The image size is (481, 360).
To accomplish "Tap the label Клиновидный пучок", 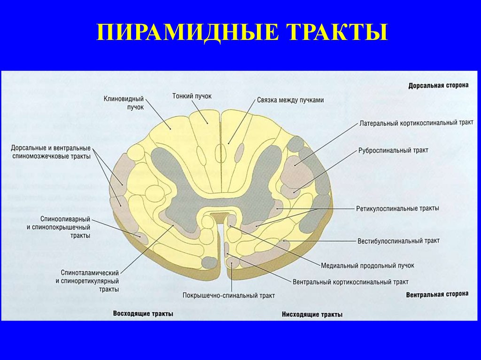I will (x=124, y=103).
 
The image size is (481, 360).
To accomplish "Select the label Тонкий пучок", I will (x=192, y=96).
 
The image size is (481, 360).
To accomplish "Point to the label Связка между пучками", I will (x=291, y=100).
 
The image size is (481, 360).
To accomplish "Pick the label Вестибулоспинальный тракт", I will (x=398, y=240).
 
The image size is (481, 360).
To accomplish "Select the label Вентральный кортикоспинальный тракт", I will (x=350, y=282).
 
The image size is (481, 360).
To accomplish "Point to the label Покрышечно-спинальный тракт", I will (x=229, y=296).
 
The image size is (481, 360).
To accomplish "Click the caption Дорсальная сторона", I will (x=438, y=86).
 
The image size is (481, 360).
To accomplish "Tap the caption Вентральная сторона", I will (x=437, y=294).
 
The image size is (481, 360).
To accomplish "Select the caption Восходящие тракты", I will (x=143, y=313).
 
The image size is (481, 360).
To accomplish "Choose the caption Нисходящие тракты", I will (x=312, y=314).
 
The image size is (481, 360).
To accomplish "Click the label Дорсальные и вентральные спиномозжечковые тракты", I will (x=51, y=152).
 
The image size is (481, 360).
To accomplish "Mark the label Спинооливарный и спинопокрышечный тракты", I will (x=65, y=228).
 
